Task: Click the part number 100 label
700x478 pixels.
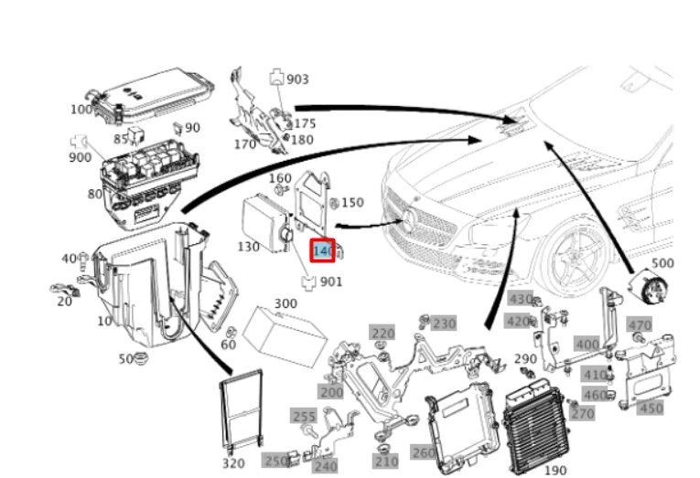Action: tap(81, 110)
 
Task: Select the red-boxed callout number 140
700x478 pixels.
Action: tap(324, 250)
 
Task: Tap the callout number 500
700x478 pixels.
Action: tap(663, 264)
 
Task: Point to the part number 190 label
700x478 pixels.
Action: tap(555, 470)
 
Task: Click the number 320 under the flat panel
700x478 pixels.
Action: tap(233, 463)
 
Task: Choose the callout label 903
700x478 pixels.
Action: tap(297, 80)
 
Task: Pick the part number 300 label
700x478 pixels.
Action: tap(285, 303)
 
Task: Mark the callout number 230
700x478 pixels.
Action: tap(444, 324)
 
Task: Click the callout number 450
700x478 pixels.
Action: tap(650, 408)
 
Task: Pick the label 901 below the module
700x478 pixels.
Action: tap(330, 281)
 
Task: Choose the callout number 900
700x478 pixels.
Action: tap(80, 157)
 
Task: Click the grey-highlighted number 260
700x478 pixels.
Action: tap(424, 452)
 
